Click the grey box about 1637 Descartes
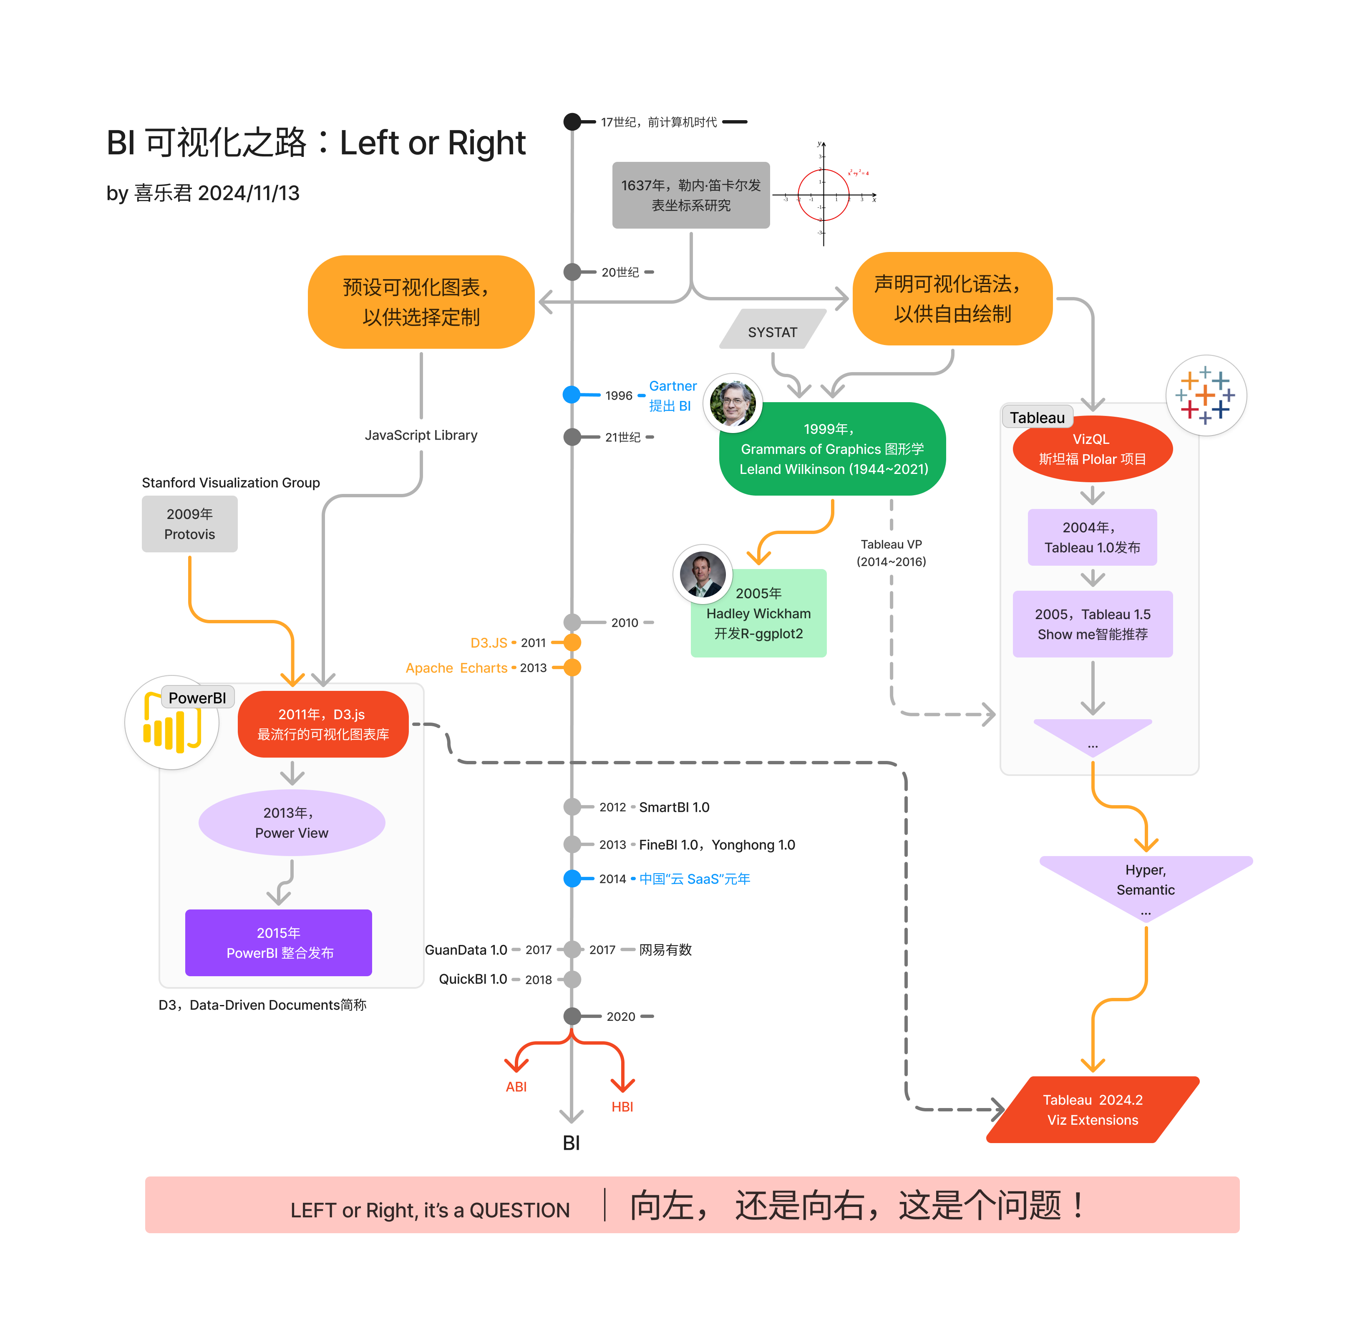tap(690, 195)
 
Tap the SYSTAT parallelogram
tap(772, 332)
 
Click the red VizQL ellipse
tap(1092, 449)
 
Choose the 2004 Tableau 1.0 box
tap(1092, 537)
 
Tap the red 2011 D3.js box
tap(323, 724)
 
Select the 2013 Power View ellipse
tap(292, 823)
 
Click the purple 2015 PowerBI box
tap(279, 942)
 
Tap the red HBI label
tap(622, 1106)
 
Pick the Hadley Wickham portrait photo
tap(703, 574)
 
